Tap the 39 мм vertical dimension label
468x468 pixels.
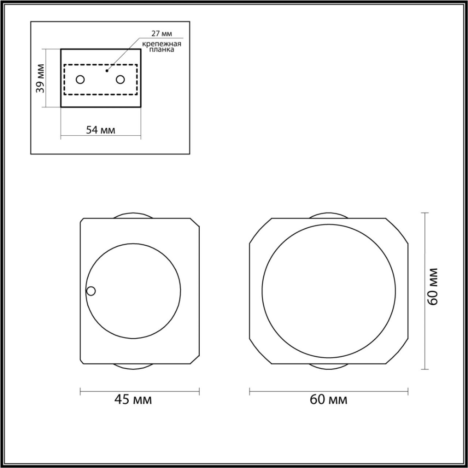point(40,78)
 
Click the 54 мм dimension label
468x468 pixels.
point(101,130)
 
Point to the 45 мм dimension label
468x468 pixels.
point(133,399)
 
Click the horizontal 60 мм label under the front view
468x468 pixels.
point(328,399)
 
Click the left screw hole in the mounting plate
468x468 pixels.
point(80,80)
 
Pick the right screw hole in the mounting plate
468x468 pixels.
point(120,80)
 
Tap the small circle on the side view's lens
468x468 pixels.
point(91,291)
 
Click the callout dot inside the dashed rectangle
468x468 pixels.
point(107,71)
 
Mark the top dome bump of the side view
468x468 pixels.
point(133,216)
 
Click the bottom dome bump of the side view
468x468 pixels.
point(133,366)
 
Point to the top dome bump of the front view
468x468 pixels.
point(328,216)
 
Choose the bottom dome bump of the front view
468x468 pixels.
point(328,366)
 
